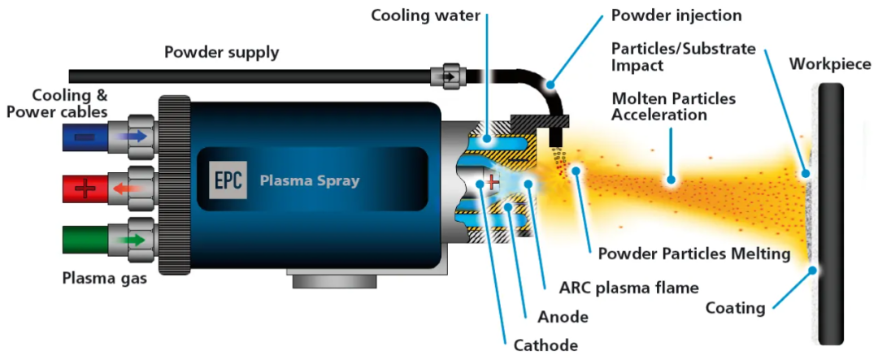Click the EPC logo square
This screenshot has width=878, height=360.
(x=228, y=180)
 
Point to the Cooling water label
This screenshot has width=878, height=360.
(x=425, y=15)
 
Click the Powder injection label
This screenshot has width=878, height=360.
(x=676, y=15)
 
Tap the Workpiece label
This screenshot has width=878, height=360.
(x=830, y=64)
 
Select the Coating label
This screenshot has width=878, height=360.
(x=735, y=307)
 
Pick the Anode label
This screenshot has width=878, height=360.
(x=563, y=317)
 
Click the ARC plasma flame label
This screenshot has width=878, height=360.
(x=629, y=288)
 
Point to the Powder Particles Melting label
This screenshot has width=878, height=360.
(x=694, y=254)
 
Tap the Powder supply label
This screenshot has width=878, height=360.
(x=221, y=53)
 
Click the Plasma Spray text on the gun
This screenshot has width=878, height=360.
(x=309, y=181)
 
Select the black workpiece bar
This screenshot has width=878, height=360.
(x=830, y=213)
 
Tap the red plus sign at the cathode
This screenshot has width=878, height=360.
(x=492, y=181)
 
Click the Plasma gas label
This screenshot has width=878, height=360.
(x=105, y=278)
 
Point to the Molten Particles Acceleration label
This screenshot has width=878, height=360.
(x=674, y=107)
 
